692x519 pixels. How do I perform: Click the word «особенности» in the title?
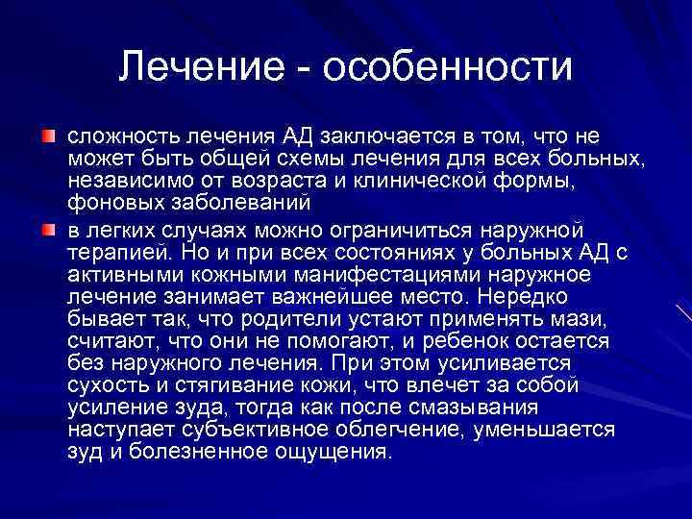449,66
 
